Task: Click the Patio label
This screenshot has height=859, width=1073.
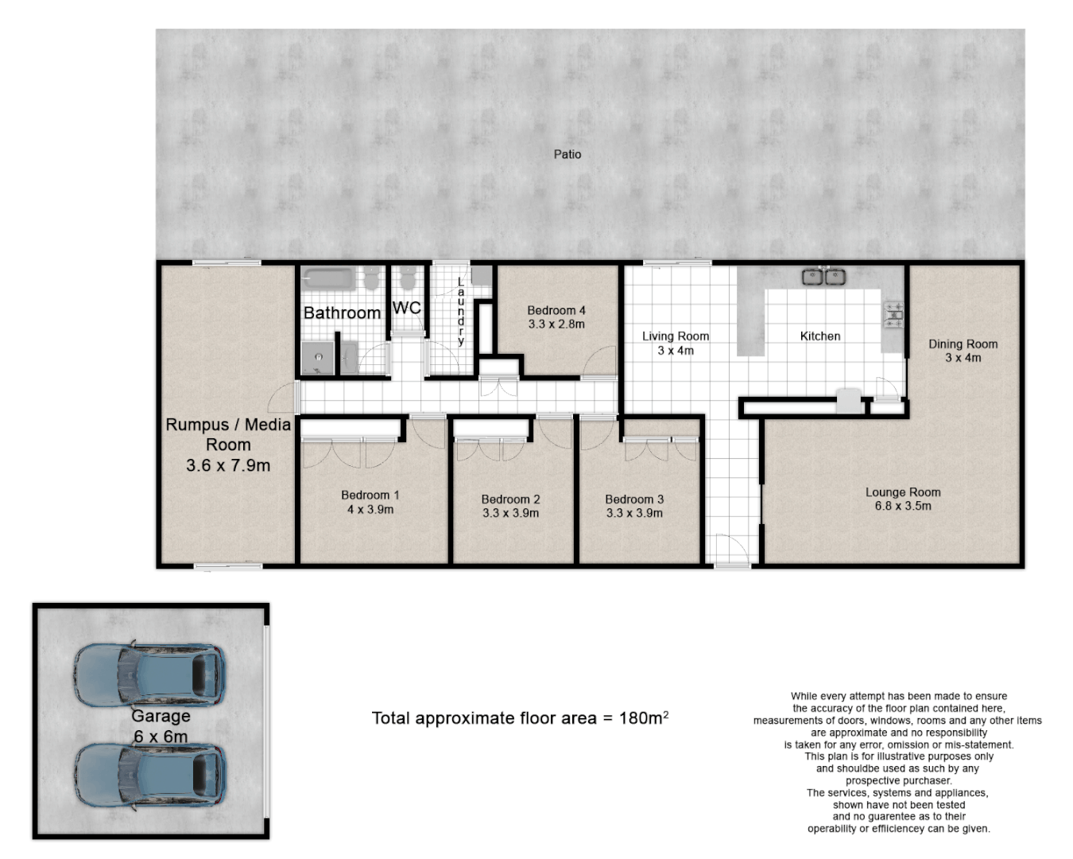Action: [567, 154]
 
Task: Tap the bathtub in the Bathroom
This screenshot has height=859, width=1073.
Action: [328, 279]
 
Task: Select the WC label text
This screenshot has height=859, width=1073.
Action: [406, 308]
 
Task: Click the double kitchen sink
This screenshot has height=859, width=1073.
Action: [823, 277]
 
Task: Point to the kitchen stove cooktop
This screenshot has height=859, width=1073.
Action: [893, 314]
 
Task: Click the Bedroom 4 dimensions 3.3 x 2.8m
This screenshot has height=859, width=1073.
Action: [556, 325]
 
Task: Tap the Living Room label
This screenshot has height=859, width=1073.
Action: [675, 336]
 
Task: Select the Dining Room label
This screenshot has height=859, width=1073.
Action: [963, 344]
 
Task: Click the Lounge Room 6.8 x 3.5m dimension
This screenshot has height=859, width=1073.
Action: [903, 506]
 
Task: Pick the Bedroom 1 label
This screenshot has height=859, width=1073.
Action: [370, 495]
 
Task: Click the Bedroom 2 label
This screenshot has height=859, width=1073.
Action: [510, 499]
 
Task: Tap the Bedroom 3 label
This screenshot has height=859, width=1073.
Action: [634, 499]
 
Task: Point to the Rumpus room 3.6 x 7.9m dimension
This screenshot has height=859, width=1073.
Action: [228, 466]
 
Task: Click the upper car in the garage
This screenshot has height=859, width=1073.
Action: [149, 675]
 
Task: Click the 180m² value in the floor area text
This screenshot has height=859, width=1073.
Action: [643, 718]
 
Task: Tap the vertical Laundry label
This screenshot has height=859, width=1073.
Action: [460, 311]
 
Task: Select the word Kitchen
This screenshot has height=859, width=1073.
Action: [819, 336]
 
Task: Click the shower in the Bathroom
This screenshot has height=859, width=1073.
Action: [319, 358]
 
